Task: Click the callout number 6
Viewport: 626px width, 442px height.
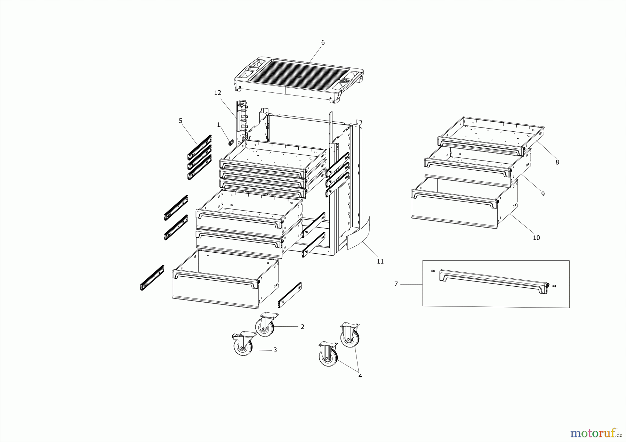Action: (323, 42)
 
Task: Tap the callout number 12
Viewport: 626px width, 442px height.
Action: (218, 93)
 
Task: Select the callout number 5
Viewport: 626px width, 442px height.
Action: (180, 121)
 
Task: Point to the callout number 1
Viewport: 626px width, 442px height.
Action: (218, 125)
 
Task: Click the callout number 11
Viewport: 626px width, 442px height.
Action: (380, 261)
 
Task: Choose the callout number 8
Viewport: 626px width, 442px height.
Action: (557, 162)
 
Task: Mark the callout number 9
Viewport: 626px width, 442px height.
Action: (543, 194)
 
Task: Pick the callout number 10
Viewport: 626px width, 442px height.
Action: (536, 238)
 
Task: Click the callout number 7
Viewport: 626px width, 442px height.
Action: (396, 284)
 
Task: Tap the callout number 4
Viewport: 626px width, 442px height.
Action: (360, 376)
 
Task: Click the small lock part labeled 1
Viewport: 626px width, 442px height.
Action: (230, 142)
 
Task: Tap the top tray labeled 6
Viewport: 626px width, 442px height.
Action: (299, 78)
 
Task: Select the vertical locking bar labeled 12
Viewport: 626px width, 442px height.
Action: (241, 122)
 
